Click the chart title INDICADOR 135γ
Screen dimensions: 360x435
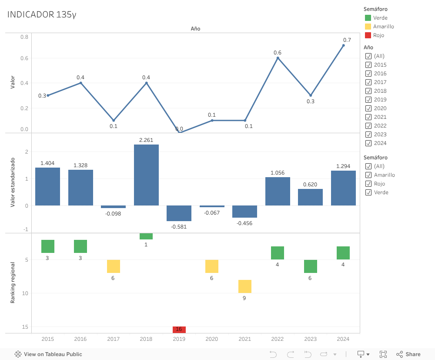pyautogui.click(x=42, y=15)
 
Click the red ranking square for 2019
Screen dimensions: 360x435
pyautogui.click(x=179, y=330)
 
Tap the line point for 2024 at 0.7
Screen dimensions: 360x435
pyautogui.click(x=343, y=45)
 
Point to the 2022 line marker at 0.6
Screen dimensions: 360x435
pyautogui.click(x=278, y=58)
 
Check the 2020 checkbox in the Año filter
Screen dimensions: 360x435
pyautogui.click(x=368, y=108)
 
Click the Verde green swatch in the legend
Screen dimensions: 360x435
pyautogui.click(x=368, y=18)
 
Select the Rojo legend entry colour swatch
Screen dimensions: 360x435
pyautogui.click(x=368, y=35)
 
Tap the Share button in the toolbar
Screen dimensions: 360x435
pyautogui.click(x=408, y=354)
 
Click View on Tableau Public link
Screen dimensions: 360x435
pyautogui.click(x=48, y=354)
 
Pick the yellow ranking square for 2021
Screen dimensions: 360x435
pyautogui.click(x=245, y=286)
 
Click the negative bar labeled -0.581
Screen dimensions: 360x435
pyautogui.click(x=179, y=213)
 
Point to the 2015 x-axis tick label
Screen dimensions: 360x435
pyautogui.click(x=48, y=339)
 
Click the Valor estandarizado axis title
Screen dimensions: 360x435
pyautogui.click(x=13, y=182)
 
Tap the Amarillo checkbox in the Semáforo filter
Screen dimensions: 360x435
pyautogui.click(x=368, y=175)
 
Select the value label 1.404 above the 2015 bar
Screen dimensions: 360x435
pyautogui.click(x=47, y=163)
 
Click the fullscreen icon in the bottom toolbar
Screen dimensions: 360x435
pyautogui.click(x=383, y=354)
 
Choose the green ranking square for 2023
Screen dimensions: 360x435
pyautogui.click(x=311, y=266)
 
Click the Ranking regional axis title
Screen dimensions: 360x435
pyautogui.click(x=13, y=283)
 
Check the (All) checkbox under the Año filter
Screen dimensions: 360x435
pyautogui.click(x=368, y=56)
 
